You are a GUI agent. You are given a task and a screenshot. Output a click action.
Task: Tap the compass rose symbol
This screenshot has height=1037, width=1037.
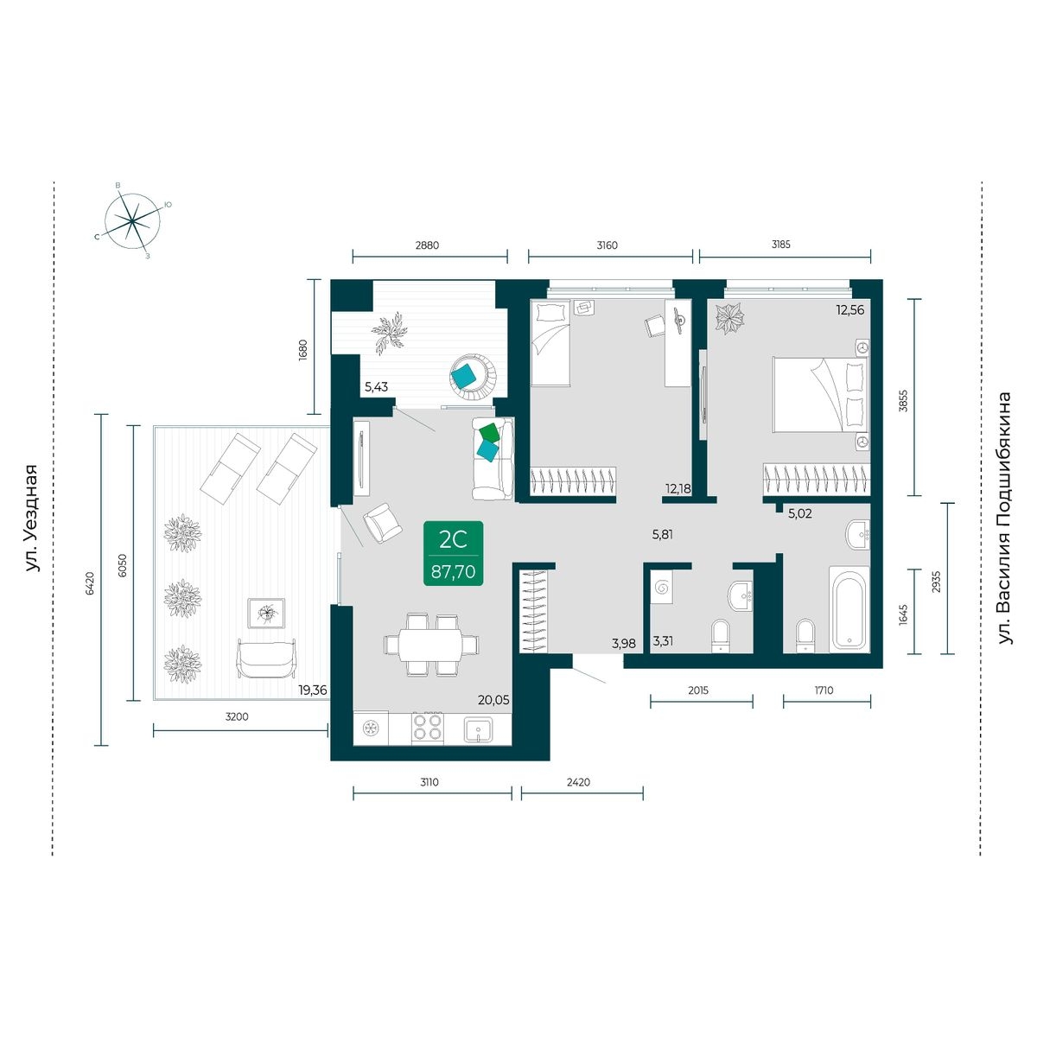click(132, 221)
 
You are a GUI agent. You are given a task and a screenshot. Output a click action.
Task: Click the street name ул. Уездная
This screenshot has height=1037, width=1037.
click(32, 518)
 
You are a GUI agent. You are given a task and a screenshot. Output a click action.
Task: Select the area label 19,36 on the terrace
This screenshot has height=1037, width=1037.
click(313, 690)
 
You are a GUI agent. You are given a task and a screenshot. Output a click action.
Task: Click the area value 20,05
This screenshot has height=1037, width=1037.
click(493, 700)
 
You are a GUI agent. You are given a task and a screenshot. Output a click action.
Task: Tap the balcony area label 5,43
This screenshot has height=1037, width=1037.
click(376, 386)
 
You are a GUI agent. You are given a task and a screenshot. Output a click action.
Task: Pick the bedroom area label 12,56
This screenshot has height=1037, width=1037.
click(849, 309)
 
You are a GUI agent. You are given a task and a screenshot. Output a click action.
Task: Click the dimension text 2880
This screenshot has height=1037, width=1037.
click(427, 245)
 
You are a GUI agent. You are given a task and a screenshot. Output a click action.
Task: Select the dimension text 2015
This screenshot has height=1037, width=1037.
click(698, 690)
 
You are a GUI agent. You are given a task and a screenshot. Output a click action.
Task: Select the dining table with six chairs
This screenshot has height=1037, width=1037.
click(431, 644)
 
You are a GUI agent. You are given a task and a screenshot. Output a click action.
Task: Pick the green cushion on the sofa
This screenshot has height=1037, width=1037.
click(490, 433)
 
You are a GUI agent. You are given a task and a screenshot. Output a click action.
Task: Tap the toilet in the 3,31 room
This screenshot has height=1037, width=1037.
click(720, 635)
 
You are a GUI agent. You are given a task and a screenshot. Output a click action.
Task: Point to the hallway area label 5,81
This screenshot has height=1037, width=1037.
click(662, 535)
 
